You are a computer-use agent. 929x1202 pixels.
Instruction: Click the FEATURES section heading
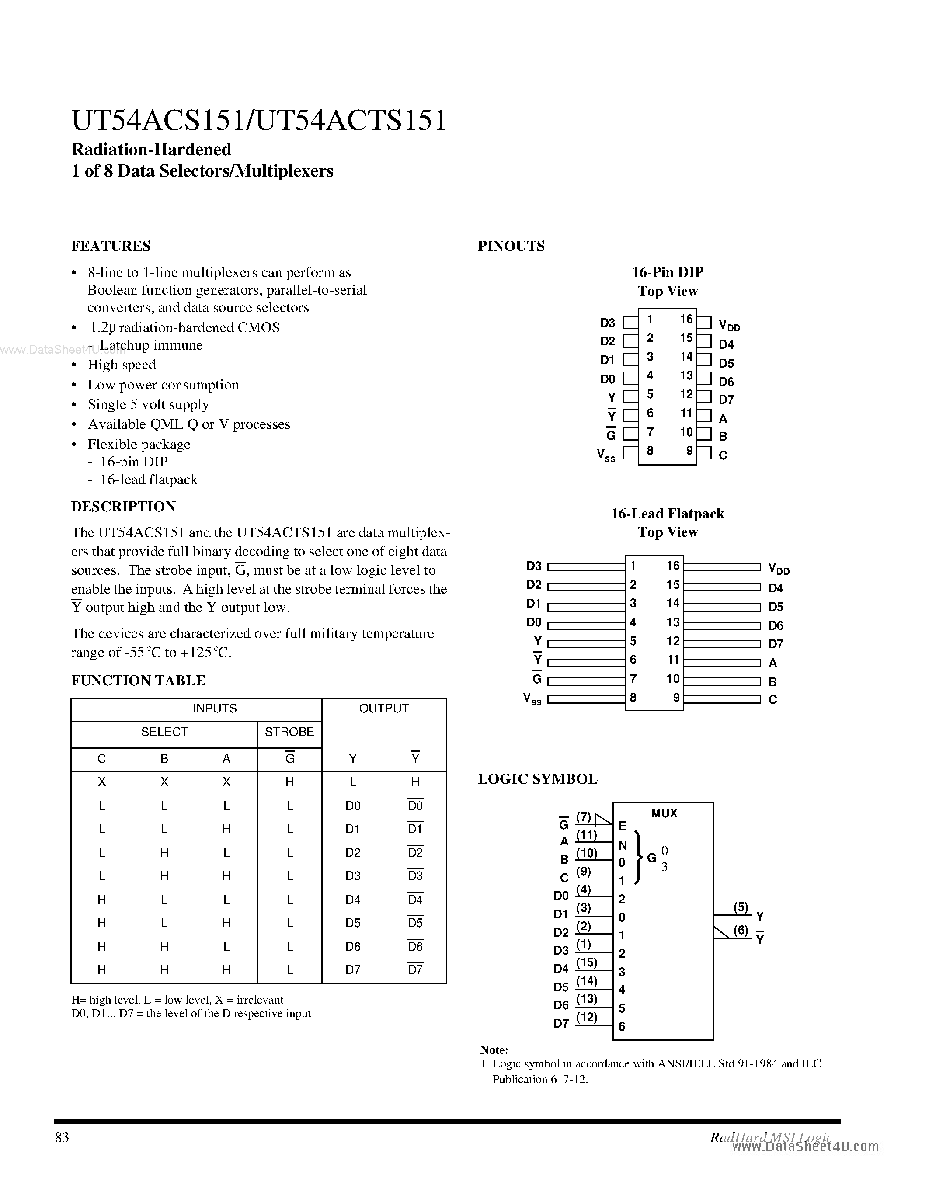point(111,246)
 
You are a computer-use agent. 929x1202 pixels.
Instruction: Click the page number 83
point(62,1137)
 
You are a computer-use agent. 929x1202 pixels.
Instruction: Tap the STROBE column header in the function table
point(289,732)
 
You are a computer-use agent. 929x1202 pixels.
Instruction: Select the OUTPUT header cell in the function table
point(383,709)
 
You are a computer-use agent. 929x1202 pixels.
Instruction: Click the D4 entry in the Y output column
point(353,900)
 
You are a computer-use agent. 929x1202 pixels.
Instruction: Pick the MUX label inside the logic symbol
point(664,813)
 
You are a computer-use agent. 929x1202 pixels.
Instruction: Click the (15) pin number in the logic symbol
point(587,962)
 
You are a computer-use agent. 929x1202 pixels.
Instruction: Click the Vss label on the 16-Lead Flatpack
point(532,699)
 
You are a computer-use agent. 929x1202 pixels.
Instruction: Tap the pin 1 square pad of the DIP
point(630,322)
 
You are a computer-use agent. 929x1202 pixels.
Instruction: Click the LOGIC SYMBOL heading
point(537,779)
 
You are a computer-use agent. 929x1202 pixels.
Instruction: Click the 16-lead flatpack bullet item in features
point(149,480)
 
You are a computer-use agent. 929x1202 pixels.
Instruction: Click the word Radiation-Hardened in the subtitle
point(151,149)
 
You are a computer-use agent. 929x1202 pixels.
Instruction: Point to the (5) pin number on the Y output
point(741,907)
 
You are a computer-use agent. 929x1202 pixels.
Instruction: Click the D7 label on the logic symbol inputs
point(561,1024)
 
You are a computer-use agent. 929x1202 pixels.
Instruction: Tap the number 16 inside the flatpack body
point(672,565)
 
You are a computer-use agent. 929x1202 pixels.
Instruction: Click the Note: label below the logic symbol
point(494,1049)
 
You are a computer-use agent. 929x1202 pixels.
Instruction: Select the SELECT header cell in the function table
point(164,732)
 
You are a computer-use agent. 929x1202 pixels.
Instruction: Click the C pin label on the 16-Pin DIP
point(723,455)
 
